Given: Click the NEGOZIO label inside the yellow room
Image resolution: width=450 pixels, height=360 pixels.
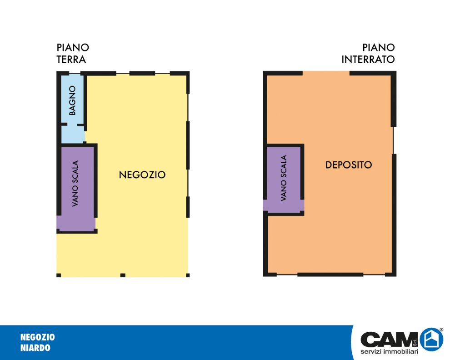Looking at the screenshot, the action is point(142,175).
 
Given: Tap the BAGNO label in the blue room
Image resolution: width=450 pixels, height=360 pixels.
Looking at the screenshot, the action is point(72,100).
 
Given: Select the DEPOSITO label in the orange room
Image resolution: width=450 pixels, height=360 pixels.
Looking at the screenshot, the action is point(348,165).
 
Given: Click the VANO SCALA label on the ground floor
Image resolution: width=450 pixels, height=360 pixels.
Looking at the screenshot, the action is point(75,184).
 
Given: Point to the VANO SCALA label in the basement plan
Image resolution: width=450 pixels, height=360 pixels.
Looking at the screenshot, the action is point(283,178).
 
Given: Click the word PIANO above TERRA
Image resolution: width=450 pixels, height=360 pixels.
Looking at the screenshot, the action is point(73,47).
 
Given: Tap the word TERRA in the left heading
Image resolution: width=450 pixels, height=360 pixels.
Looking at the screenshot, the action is point(71,60).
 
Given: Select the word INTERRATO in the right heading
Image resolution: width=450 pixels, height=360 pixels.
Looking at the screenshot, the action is point(368,60).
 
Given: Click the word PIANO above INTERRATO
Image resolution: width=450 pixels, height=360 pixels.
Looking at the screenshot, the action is point(379,47).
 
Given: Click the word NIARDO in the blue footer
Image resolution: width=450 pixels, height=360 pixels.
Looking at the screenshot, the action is point(35,348).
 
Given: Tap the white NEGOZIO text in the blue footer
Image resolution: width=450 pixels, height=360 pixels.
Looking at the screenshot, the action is point(38,337).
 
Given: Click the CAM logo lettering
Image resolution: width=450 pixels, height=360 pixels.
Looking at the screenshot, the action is point(389,340).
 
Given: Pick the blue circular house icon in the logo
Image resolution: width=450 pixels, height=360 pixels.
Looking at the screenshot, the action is point(431,340).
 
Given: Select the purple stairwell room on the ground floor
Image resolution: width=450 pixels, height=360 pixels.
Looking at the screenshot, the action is point(76,188).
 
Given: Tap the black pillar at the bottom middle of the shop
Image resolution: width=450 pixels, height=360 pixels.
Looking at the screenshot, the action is point(123,275).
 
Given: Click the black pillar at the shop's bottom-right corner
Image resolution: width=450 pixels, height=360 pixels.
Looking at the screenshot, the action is point(188,275).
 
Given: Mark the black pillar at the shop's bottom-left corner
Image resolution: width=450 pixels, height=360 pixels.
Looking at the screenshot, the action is point(59,275).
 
